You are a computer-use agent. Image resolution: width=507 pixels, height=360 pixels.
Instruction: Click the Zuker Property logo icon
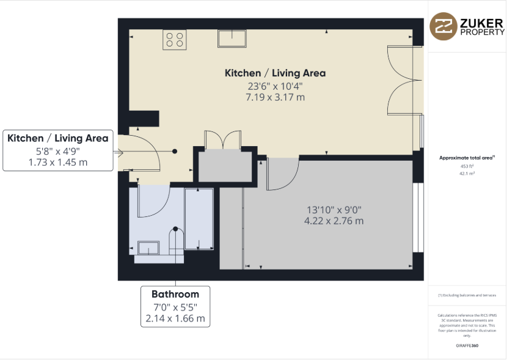click(442, 27)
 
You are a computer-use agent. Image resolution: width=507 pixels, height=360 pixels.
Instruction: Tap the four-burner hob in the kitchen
click(174, 40)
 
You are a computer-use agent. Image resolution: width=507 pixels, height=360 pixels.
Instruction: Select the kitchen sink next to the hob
click(232, 38)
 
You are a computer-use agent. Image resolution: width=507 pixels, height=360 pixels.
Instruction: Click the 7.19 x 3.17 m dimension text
click(275, 97)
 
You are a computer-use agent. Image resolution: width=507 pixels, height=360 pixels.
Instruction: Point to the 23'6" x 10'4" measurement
click(275, 86)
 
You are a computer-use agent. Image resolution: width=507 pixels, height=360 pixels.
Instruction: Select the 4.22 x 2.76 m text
click(334, 221)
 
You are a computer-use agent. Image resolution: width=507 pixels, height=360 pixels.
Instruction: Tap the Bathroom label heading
click(175, 295)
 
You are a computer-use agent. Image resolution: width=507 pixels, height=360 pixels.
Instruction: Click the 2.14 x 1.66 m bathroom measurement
click(175, 318)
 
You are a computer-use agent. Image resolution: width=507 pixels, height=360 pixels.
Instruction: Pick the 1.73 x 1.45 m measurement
click(57, 162)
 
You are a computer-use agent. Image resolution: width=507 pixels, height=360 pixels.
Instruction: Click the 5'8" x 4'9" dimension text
click(57, 150)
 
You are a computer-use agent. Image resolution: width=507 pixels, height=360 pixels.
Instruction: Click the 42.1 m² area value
click(467, 174)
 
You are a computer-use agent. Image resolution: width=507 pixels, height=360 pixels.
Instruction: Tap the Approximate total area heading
click(467, 158)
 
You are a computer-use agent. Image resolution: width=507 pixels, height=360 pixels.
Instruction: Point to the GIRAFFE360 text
click(467, 346)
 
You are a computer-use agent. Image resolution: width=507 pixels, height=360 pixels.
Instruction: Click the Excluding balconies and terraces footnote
click(467, 295)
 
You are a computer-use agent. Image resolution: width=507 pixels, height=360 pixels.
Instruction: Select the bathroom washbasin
click(148, 248)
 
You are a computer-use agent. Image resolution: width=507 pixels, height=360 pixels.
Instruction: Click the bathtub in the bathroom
click(199, 219)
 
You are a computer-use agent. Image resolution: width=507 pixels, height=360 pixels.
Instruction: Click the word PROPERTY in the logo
click(481, 33)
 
